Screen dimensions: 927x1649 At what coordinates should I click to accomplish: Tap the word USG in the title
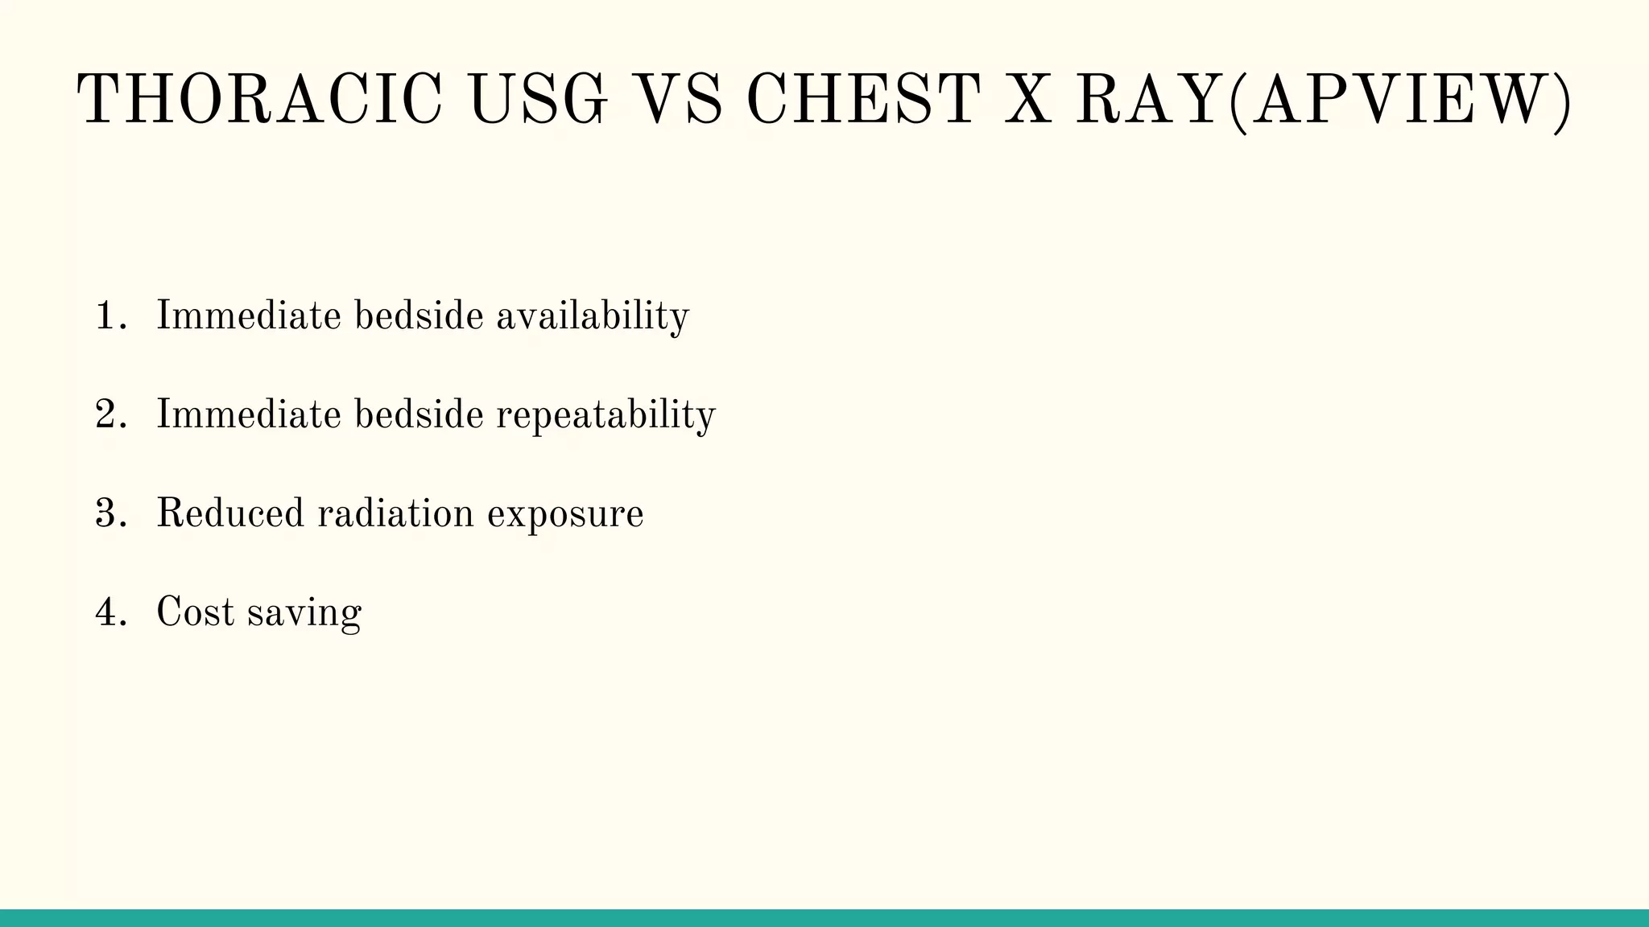[539, 101]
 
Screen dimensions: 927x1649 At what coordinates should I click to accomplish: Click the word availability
[593, 315]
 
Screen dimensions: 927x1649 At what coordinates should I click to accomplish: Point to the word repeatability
[605, 415]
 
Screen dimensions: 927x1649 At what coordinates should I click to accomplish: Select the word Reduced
[230, 514]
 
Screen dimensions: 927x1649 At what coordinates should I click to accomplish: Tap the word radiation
[395, 514]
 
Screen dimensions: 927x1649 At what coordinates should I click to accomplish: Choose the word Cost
[195, 613]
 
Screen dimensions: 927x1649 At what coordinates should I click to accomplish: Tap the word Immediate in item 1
[248, 315]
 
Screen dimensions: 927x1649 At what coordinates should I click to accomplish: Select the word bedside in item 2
[419, 415]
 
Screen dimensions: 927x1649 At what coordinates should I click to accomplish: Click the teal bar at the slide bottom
[824, 918]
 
